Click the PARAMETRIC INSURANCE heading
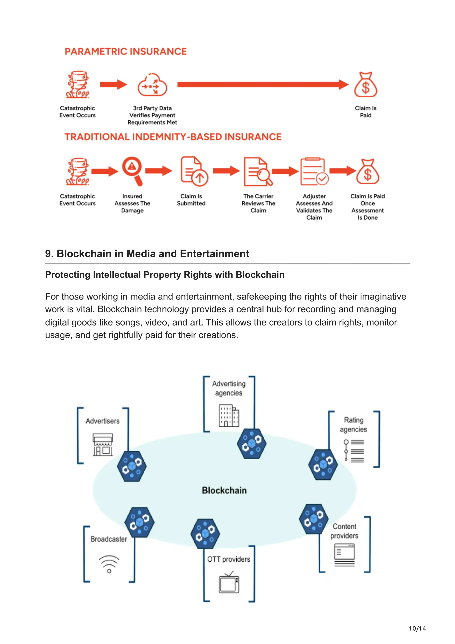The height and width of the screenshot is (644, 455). coord(126,52)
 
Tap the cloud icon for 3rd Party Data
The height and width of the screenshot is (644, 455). coord(152,85)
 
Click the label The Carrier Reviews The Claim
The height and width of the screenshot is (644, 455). coord(258,203)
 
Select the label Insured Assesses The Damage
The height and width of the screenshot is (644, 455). coord(132,203)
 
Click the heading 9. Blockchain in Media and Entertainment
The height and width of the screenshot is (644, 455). coord(147,254)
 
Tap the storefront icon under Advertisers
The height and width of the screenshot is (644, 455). coord(103,445)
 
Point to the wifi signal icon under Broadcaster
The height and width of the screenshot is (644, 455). coord(109,564)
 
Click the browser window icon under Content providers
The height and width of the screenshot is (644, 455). coord(345,555)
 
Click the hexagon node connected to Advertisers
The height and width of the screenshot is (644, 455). coord(132,466)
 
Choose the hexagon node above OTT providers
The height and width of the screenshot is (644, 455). coord(205,534)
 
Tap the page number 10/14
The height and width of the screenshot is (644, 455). coord(417,628)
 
